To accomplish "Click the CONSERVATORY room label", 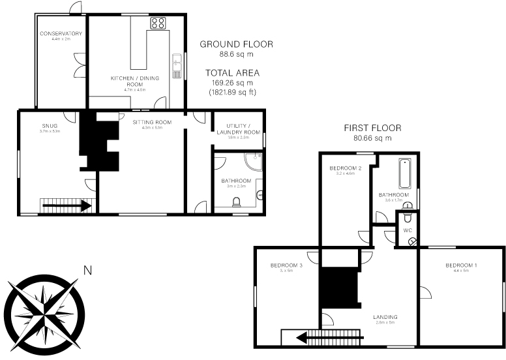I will coord(61,33).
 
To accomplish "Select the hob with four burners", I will coord(158,23).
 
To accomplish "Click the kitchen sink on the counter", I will coord(176,66).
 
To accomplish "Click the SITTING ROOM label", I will coord(151,122).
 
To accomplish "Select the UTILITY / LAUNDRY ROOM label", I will coord(243,129).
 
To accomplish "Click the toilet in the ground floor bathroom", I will coord(236,202).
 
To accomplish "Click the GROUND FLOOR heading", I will coord(236,44).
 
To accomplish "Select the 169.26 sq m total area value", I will coord(231,83).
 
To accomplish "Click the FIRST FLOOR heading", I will coord(372,128).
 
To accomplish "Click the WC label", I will coord(408,230).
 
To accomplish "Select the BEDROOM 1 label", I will coord(461,265).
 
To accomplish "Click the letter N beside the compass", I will coord(87,269).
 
